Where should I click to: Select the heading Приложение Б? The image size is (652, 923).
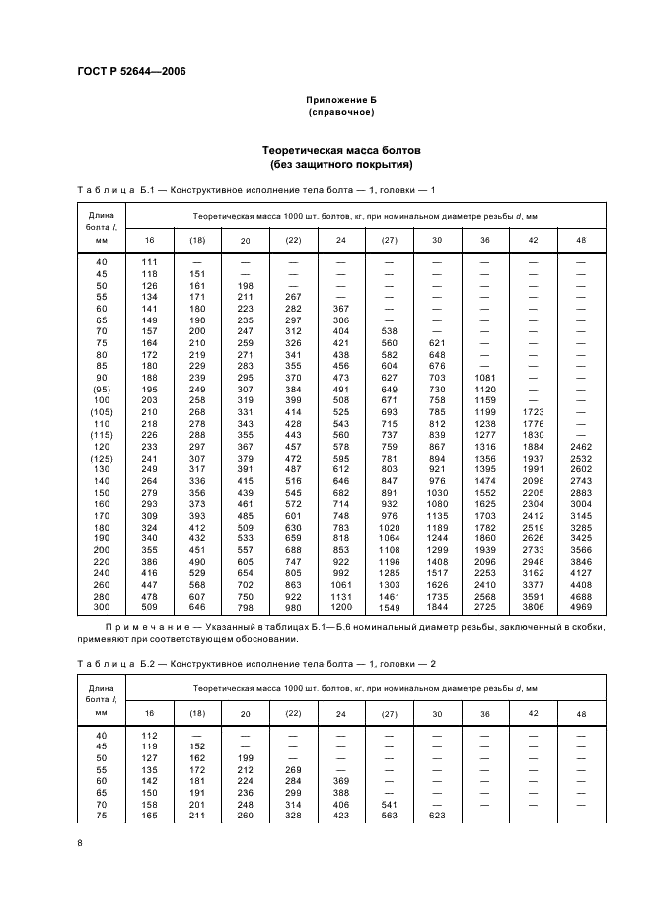point(339,101)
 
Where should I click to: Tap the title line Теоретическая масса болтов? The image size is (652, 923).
point(340,150)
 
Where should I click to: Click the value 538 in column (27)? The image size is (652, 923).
point(388,330)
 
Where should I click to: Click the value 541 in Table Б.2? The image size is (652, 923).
point(388,804)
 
